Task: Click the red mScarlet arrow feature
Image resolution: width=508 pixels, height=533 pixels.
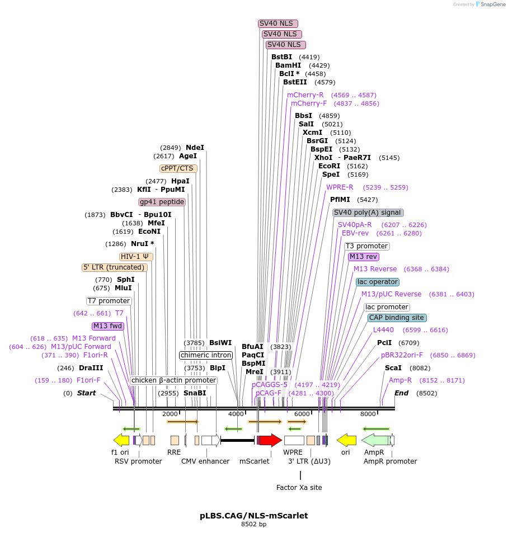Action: (271, 440)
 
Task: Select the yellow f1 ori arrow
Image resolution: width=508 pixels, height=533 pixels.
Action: (121, 440)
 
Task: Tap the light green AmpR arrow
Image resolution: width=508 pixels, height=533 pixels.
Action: (375, 440)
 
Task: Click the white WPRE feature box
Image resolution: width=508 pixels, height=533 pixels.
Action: (294, 440)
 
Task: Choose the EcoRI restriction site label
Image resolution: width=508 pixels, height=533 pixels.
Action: (329, 166)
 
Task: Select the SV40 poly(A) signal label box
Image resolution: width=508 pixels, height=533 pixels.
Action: (368, 213)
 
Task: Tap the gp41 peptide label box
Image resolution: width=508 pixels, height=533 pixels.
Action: (162, 202)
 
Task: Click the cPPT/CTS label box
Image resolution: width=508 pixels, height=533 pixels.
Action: (178, 168)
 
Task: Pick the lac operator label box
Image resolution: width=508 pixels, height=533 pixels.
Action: (378, 282)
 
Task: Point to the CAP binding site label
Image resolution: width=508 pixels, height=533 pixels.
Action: (397, 318)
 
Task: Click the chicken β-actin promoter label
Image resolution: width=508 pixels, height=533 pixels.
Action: (173, 380)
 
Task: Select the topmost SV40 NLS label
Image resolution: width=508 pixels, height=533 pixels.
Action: (278, 23)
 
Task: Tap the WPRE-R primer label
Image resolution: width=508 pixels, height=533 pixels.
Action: (340, 187)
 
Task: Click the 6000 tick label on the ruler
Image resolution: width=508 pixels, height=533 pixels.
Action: (302, 414)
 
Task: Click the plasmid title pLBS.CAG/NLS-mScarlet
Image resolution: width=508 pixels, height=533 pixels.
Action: (254, 516)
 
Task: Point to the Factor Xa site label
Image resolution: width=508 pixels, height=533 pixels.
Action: (299, 488)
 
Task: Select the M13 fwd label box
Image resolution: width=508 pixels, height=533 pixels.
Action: (107, 326)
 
